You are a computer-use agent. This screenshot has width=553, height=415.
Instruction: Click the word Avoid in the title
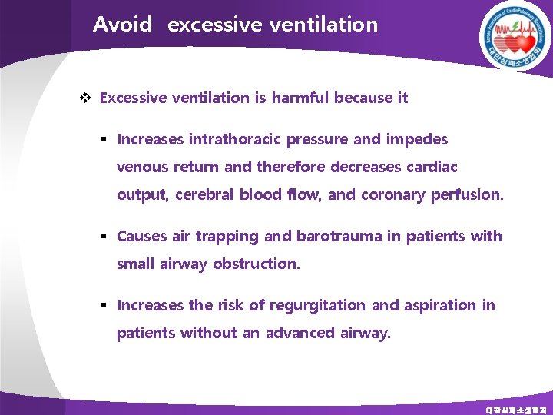tap(122, 25)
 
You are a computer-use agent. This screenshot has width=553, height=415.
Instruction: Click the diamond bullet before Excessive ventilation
tap(85, 98)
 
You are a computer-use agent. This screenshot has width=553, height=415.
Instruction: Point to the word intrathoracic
tap(234, 139)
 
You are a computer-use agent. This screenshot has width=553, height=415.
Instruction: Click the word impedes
tap(419, 139)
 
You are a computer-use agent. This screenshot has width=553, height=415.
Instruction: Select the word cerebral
tap(206, 194)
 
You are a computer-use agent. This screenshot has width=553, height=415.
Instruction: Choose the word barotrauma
tap(338, 236)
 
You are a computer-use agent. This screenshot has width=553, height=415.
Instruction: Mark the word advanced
tap(300, 333)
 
